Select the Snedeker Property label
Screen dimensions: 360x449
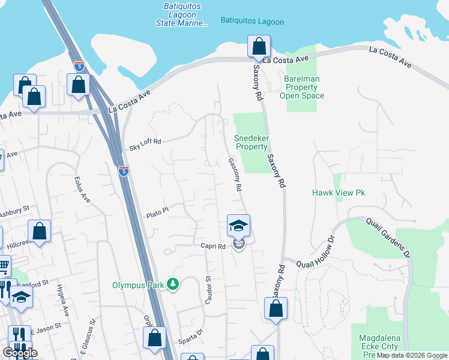pos(252,142)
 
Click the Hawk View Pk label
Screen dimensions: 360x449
pos(339,193)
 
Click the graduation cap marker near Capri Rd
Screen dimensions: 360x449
pos(238,226)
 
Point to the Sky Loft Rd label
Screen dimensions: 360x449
pos(145,145)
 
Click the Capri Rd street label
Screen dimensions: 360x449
pos(213,246)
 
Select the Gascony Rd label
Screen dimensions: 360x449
pos(235,175)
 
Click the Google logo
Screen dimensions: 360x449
pos(20,352)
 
